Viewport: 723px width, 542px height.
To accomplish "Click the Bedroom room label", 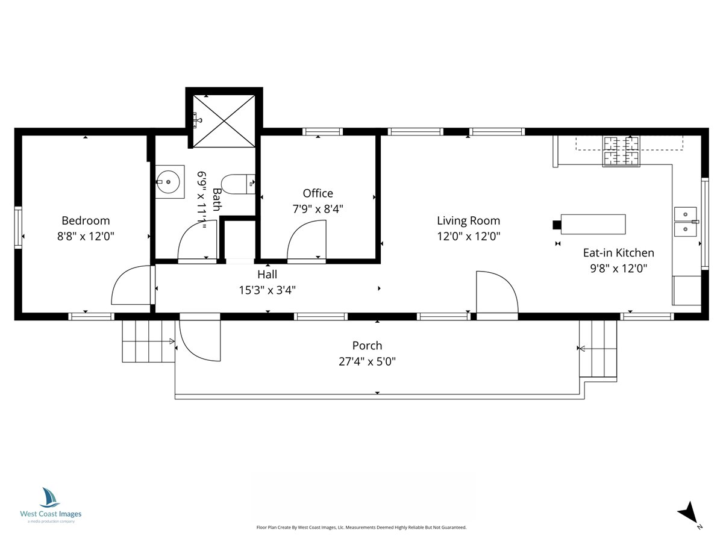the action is (x=86, y=220).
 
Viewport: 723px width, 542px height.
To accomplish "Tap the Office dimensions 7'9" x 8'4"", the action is (x=318, y=208).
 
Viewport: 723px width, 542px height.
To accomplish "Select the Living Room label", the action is (x=468, y=220).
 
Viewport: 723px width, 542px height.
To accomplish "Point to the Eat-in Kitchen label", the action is (x=619, y=253).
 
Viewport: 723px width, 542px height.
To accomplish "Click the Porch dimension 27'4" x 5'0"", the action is (x=367, y=362).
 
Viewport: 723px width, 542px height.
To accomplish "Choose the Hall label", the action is (x=267, y=274).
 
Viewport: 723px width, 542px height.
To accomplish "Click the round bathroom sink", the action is (x=168, y=182).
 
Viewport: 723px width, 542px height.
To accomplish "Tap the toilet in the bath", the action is (x=238, y=184).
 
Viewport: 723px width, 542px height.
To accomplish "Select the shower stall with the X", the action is (x=224, y=121).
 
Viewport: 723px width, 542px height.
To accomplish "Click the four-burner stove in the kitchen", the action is (x=621, y=151).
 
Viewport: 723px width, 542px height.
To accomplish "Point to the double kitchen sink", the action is (x=686, y=222).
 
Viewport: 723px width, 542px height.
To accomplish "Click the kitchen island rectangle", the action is (x=593, y=224).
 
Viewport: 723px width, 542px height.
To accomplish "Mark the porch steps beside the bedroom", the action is (x=149, y=341).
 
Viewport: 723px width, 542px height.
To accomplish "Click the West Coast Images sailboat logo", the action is (x=49, y=497).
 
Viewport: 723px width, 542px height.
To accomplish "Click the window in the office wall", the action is (x=322, y=132).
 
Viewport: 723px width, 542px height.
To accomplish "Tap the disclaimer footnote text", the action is (x=361, y=527).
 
